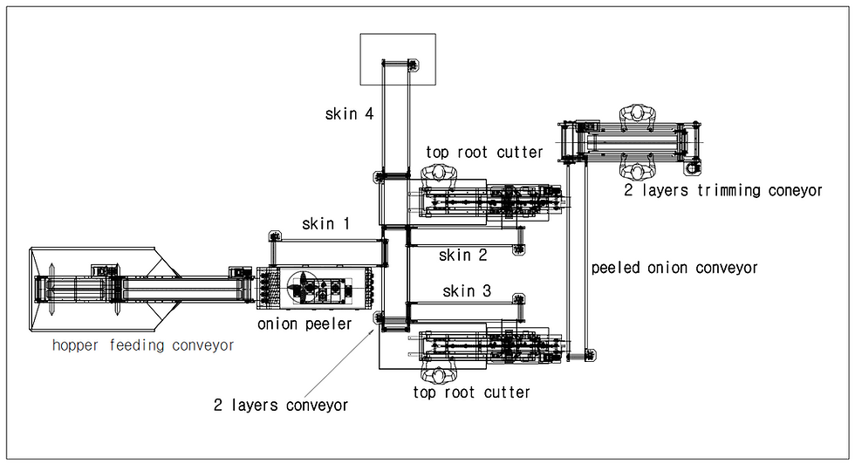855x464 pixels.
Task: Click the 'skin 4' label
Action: point(349,113)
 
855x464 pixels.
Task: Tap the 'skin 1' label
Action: point(325,223)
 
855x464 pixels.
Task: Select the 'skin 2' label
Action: point(463,255)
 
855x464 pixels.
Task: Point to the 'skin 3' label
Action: point(467,291)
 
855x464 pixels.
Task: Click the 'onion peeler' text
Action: point(304,324)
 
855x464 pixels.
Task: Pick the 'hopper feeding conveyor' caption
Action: point(143,345)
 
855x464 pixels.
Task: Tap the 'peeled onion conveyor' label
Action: point(674,268)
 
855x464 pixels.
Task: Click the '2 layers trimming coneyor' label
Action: point(723,190)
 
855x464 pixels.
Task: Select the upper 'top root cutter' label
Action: point(484,152)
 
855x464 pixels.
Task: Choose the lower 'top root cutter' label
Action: point(472,392)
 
